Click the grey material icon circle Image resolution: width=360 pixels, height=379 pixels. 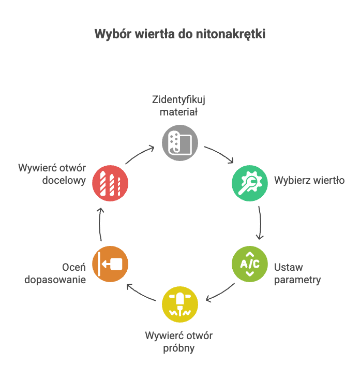180,142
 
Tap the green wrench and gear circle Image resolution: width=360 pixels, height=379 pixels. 249,183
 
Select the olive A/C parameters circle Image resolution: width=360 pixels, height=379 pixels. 249,264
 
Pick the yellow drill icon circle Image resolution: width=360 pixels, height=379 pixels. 180,304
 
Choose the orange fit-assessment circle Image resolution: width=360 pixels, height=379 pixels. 110,264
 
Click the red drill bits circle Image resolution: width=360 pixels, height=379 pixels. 110,183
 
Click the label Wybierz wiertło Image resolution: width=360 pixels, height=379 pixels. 309,181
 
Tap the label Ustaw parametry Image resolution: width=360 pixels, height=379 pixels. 297,274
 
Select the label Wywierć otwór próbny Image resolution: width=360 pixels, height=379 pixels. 179,342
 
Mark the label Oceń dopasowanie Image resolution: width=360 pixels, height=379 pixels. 66,274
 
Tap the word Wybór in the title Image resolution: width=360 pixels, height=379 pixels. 110,34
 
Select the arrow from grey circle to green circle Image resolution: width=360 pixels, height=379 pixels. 220,154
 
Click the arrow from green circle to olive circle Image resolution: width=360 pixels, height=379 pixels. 260,223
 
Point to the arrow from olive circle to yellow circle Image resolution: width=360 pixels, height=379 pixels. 220,293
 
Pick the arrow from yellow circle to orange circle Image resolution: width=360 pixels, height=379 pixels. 140,293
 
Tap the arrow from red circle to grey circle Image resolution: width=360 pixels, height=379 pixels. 140,154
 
